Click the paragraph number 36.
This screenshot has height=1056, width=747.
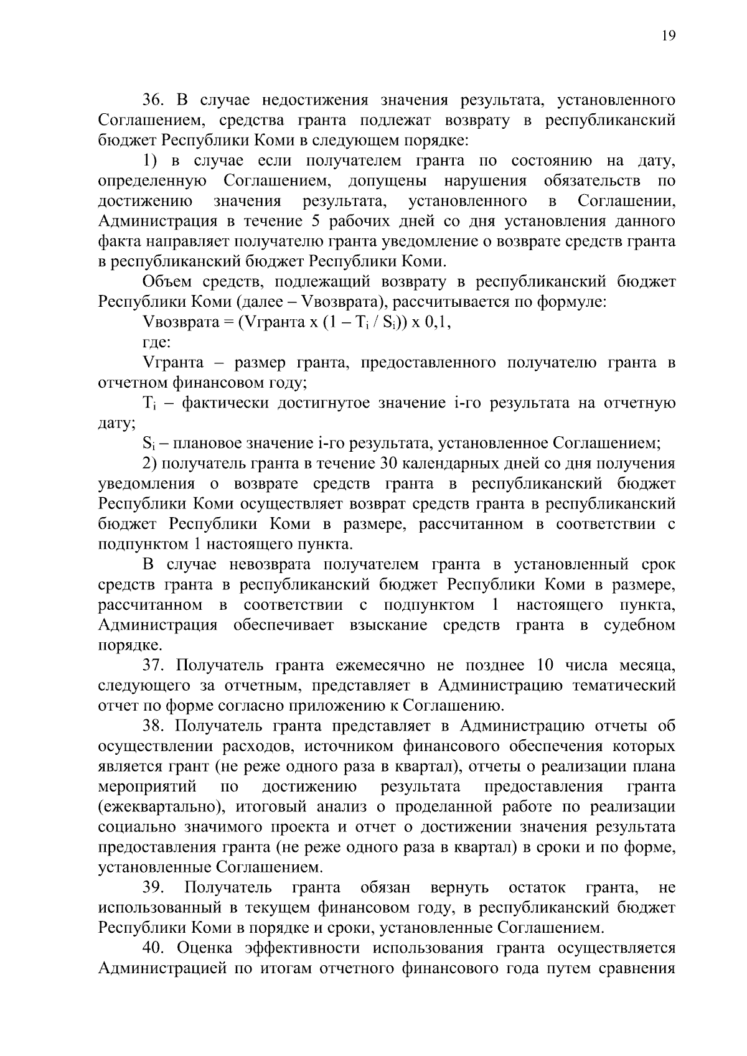pos(154,100)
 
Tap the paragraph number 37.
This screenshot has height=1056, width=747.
pos(154,665)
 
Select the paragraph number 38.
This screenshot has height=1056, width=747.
pos(154,726)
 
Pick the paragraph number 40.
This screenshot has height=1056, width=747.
pos(154,948)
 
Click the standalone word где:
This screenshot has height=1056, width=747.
pos(157,343)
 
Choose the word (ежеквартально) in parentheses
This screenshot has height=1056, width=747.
pos(162,807)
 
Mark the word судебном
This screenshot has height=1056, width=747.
pos(639,625)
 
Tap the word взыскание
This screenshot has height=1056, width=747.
pos(389,625)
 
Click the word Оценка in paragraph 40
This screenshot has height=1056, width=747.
pos(205,948)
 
